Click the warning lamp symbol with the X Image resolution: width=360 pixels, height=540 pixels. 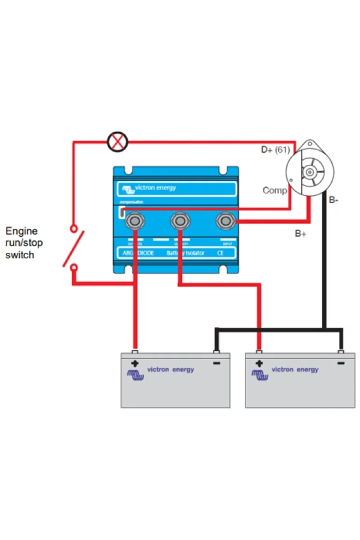point(117,142)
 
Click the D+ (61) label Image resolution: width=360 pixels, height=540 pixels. point(276,150)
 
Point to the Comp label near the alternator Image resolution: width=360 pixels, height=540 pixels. point(274,191)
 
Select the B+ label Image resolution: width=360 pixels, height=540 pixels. point(301,234)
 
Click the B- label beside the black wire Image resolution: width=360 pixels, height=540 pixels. point(333,200)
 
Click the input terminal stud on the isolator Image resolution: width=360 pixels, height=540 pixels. point(224,220)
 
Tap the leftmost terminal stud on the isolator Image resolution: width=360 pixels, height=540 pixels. point(134,220)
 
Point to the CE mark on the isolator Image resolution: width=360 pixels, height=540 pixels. point(220,253)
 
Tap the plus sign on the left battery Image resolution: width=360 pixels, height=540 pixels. point(134,363)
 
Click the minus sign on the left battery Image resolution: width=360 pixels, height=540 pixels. point(216,363)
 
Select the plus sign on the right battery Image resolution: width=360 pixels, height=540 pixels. point(259,363)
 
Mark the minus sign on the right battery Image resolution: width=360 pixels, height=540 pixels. point(341,363)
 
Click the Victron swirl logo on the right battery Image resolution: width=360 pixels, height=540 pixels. point(260,374)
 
